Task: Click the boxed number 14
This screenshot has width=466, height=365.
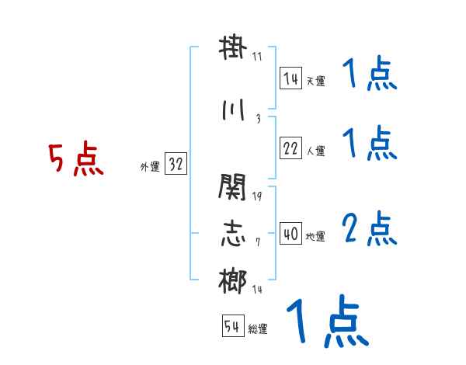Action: pyautogui.click(x=291, y=78)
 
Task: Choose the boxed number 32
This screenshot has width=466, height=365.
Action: pyautogui.click(x=176, y=165)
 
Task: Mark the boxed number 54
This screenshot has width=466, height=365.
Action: pyautogui.click(x=232, y=327)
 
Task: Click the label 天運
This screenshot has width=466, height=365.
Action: pyautogui.click(x=315, y=81)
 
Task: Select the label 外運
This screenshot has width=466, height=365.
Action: pyautogui.click(x=150, y=167)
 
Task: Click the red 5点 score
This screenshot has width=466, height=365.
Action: pyautogui.click(x=76, y=160)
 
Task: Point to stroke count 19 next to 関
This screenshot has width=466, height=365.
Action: pyautogui.click(x=257, y=196)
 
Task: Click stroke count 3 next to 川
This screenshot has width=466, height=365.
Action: pyautogui.click(x=257, y=118)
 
